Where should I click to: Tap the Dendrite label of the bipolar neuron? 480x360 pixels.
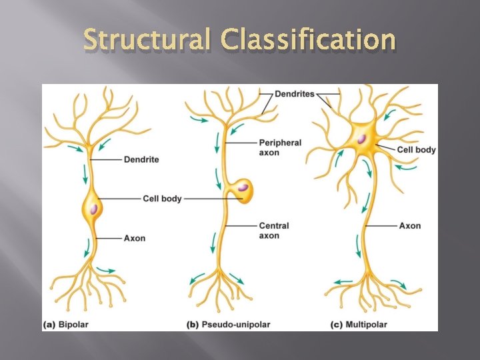tap(141, 159)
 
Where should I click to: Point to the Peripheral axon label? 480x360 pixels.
tap(279, 147)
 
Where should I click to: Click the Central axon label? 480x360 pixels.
tap(273, 230)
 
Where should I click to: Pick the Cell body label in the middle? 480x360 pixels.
tap(162, 199)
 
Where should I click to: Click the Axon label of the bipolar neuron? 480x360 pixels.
tap(134, 238)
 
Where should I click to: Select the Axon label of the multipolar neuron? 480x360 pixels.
tap(409, 225)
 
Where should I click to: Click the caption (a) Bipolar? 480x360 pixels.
tap(66, 325)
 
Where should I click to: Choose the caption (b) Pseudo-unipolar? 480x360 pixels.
tap(229, 325)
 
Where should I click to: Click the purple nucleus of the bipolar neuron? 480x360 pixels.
tap(94, 209)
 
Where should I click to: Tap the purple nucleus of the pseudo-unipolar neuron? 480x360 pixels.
tap(244, 187)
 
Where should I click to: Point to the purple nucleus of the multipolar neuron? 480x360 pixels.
tap(361, 139)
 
